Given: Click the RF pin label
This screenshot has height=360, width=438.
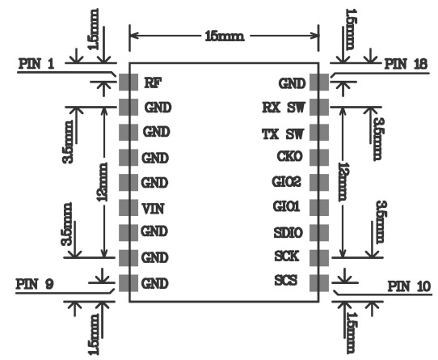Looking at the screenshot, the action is pos(153,83).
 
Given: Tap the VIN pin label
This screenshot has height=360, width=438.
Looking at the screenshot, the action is pos(153,209).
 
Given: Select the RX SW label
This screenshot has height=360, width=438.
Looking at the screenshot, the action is pos(284,108).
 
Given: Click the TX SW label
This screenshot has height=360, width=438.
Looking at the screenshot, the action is pos(283,134).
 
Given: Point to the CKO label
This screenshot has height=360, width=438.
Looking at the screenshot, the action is pos(289,156).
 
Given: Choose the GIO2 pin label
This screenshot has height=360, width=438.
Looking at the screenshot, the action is pos(287,181).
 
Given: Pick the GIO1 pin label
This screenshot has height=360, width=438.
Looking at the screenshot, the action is pos(286,207).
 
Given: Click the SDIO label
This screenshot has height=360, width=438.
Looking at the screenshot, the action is pos(288,233).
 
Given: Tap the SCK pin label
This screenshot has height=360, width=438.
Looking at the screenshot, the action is pos(287,256).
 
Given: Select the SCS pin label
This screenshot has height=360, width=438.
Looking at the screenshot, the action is pos(286,280).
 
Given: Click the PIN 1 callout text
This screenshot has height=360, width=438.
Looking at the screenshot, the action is pos(36,64).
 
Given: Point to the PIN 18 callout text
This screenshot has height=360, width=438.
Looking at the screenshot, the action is pos(406,65).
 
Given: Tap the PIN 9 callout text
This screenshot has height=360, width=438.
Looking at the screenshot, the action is pos(35,284).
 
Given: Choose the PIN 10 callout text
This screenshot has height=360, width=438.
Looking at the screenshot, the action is pos(410,286).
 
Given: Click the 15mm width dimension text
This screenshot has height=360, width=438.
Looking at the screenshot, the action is pos(225,36).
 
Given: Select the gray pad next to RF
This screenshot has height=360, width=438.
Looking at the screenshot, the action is pos(128,83).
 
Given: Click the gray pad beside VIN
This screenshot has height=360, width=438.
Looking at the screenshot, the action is pos(128,208).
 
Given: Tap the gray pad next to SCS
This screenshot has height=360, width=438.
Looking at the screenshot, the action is pos(319,283).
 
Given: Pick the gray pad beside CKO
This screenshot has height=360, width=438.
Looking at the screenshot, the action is pos(319,157).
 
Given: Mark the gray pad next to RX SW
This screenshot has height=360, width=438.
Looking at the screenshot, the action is pos(319,107).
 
